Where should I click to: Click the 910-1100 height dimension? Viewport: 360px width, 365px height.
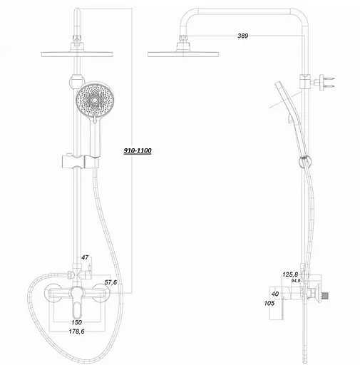tap(138, 150)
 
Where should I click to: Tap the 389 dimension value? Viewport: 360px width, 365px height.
tap(242, 36)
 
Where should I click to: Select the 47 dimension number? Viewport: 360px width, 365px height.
tap(85, 257)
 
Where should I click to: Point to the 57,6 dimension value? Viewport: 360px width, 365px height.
tap(110, 282)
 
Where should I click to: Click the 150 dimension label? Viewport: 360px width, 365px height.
tap(76, 322)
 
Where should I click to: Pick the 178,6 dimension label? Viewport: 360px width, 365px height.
tap(76, 331)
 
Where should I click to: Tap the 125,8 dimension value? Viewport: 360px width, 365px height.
tap(290, 274)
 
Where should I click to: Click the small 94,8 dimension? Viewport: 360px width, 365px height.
tap(296, 281)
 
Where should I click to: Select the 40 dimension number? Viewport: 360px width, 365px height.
tap(275, 294)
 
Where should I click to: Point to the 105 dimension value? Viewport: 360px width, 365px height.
tap(269, 303)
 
